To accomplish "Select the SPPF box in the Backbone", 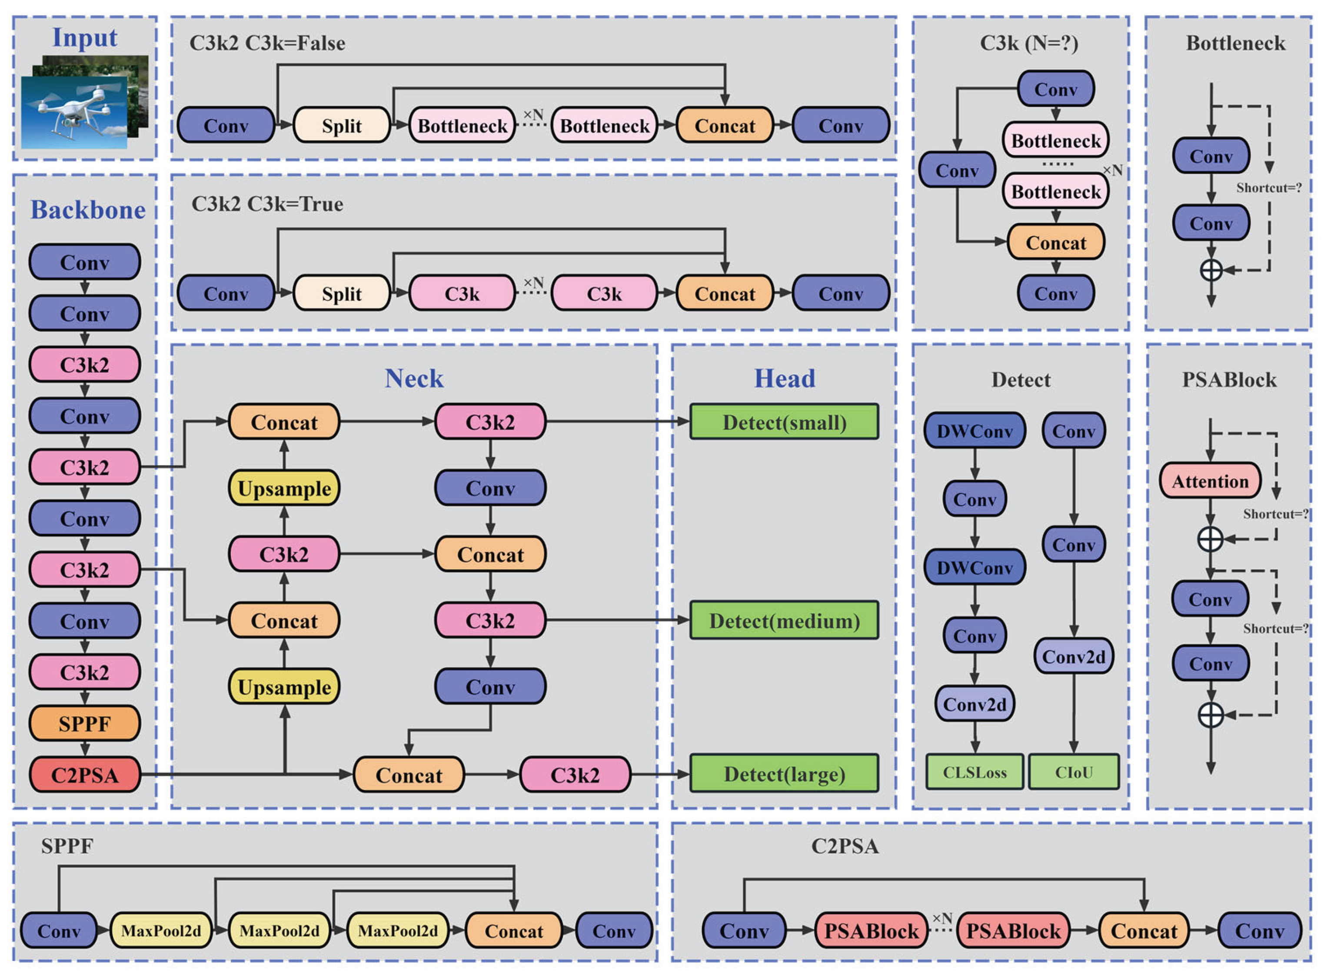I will click(x=85, y=723).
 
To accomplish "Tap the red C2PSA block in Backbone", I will click(x=85, y=775).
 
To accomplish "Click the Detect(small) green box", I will click(x=784, y=422).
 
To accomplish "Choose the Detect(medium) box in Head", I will click(x=784, y=620).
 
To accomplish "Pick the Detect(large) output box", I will click(x=784, y=774).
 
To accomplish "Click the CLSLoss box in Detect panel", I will click(x=975, y=772).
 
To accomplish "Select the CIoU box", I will click(x=1074, y=772).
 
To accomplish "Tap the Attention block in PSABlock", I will click(x=1210, y=481).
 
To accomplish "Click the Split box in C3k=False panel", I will click(x=342, y=125).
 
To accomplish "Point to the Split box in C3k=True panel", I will click(x=342, y=293).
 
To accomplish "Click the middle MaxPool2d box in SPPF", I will click(x=279, y=930).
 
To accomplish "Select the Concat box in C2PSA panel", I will click(x=1143, y=930).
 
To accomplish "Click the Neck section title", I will click(x=413, y=379).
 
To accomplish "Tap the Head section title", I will click(x=784, y=379).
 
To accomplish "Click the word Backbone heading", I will click(x=88, y=210).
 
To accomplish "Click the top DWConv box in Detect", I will click(x=975, y=431).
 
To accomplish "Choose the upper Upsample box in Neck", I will click(x=284, y=488).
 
